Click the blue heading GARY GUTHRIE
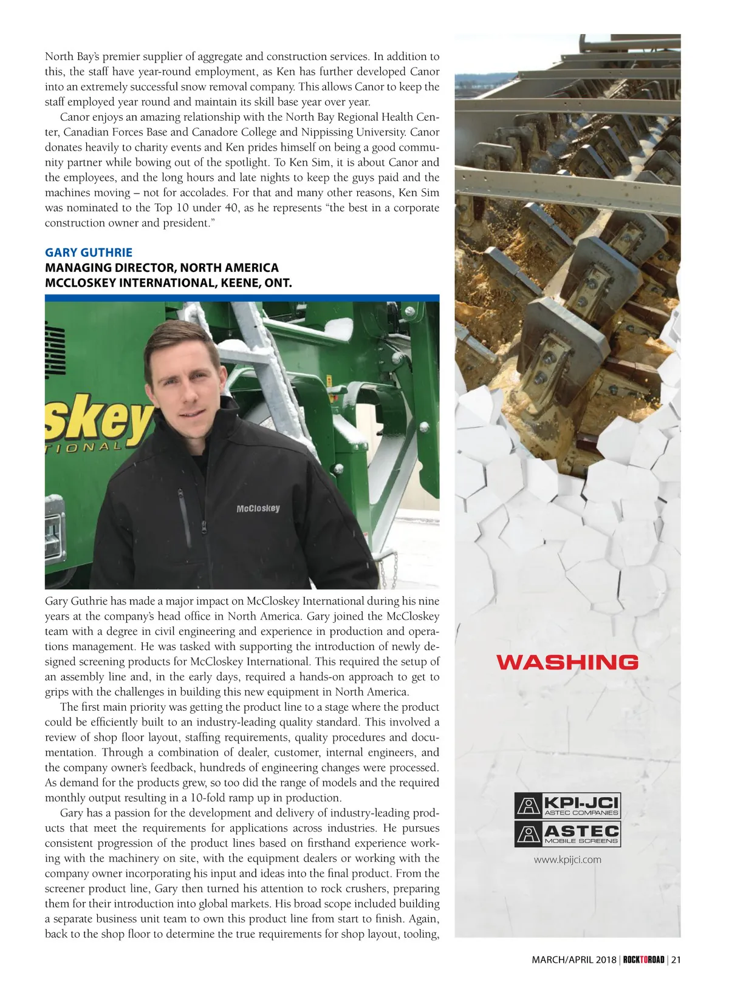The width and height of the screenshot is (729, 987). tap(89, 253)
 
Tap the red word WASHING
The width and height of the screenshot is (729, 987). tap(567, 662)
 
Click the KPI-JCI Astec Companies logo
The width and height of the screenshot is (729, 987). tap(567, 806)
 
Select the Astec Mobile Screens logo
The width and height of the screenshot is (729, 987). tap(567, 834)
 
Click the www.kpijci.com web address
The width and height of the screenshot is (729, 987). tap(567, 860)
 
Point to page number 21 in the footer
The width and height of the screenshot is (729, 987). tap(676, 960)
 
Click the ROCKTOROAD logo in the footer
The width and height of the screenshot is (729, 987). tap(643, 960)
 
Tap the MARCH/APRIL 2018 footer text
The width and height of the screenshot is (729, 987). tap(573, 960)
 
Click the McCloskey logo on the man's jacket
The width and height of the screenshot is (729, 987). tap(258, 508)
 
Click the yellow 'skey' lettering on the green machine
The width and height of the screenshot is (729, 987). tap(97, 419)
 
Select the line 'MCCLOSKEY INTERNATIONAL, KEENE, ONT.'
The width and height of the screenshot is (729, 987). tap(168, 283)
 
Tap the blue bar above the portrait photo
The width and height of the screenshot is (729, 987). tap(242, 298)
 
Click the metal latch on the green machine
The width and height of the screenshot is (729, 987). tap(53, 537)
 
